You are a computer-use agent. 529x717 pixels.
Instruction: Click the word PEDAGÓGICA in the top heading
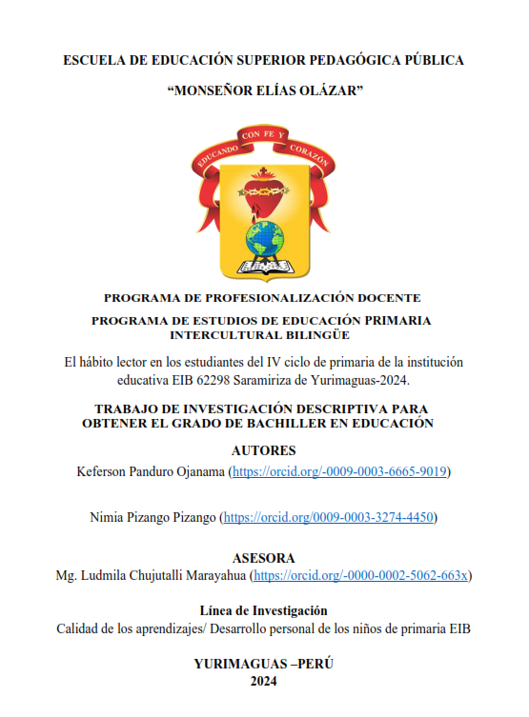(x=364, y=60)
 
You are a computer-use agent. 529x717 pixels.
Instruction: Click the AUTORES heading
(x=264, y=449)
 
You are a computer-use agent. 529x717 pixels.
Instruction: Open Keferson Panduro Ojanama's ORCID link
(x=339, y=471)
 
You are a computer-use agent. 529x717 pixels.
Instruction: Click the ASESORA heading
(x=264, y=558)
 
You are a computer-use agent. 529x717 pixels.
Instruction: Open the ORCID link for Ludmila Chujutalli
(x=363, y=576)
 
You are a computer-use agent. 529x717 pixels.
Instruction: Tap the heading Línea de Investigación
(x=264, y=610)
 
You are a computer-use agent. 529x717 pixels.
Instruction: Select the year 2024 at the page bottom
(x=264, y=681)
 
